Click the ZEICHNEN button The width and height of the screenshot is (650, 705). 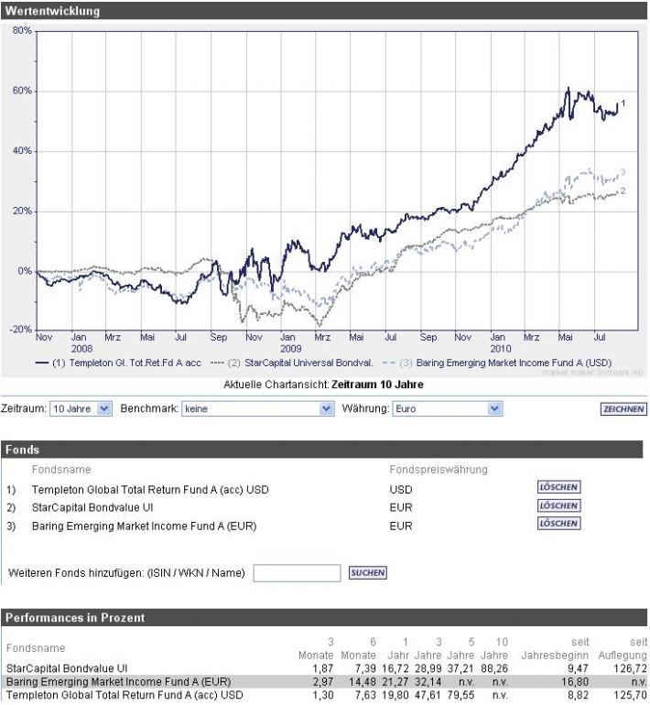623,409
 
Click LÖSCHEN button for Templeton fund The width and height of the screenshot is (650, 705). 558,487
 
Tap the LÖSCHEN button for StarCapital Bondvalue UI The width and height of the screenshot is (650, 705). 558,505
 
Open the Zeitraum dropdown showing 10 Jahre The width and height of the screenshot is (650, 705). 81,409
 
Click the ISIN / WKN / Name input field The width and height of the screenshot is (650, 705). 297,573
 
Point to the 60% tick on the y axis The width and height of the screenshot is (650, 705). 20,91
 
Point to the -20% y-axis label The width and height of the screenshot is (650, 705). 18,329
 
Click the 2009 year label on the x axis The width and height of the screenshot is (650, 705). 291,349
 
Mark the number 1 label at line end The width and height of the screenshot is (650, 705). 623,103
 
